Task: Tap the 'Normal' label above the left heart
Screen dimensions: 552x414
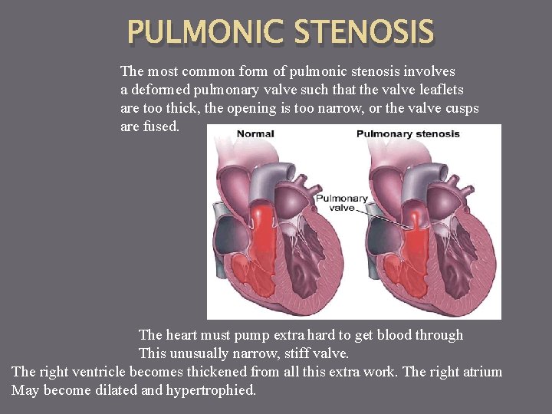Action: click(255, 134)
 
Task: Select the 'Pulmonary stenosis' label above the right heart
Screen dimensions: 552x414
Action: click(408, 134)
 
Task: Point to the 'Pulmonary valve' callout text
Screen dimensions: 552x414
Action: click(342, 203)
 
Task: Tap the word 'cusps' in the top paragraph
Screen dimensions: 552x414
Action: click(459, 108)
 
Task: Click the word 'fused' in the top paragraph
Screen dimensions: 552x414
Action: click(161, 127)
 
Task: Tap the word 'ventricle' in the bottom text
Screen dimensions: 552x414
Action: click(98, 372)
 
